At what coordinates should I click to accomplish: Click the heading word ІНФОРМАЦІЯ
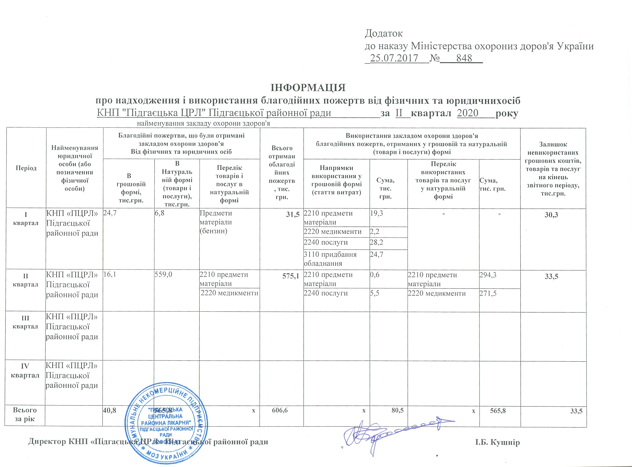308,88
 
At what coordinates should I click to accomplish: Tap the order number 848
464,58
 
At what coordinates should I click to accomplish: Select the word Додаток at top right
384,33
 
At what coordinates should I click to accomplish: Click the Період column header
26,168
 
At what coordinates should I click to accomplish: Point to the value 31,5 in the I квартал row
293,215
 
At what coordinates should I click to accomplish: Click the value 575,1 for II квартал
291,276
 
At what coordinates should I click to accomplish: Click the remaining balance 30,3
551,215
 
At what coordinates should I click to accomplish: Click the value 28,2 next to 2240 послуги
376,243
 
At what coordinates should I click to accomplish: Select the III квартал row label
25,322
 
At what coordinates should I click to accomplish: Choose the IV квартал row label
25,371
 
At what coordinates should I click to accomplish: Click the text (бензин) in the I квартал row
213,231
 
